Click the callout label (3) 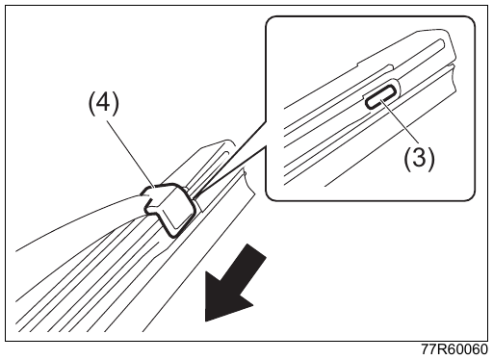419,158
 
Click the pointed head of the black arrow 206,320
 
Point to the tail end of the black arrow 257,252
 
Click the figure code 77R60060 454,349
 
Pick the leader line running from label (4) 132,154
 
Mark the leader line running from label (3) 400,121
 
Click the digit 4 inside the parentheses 103,103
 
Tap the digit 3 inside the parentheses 419,158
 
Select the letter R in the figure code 444,349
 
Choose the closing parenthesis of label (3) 431,159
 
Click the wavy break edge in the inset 453,78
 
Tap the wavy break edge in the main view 249,182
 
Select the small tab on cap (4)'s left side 146,195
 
